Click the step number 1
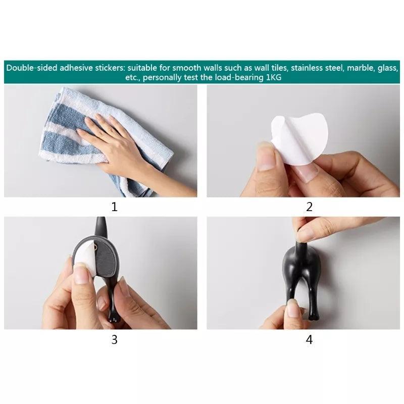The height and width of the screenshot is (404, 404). [114, 207]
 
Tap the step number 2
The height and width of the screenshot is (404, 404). [309, 207]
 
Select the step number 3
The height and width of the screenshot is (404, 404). [114, 340]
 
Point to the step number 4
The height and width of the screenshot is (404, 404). [309, 340]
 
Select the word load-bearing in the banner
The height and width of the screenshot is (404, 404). [234, 78]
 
